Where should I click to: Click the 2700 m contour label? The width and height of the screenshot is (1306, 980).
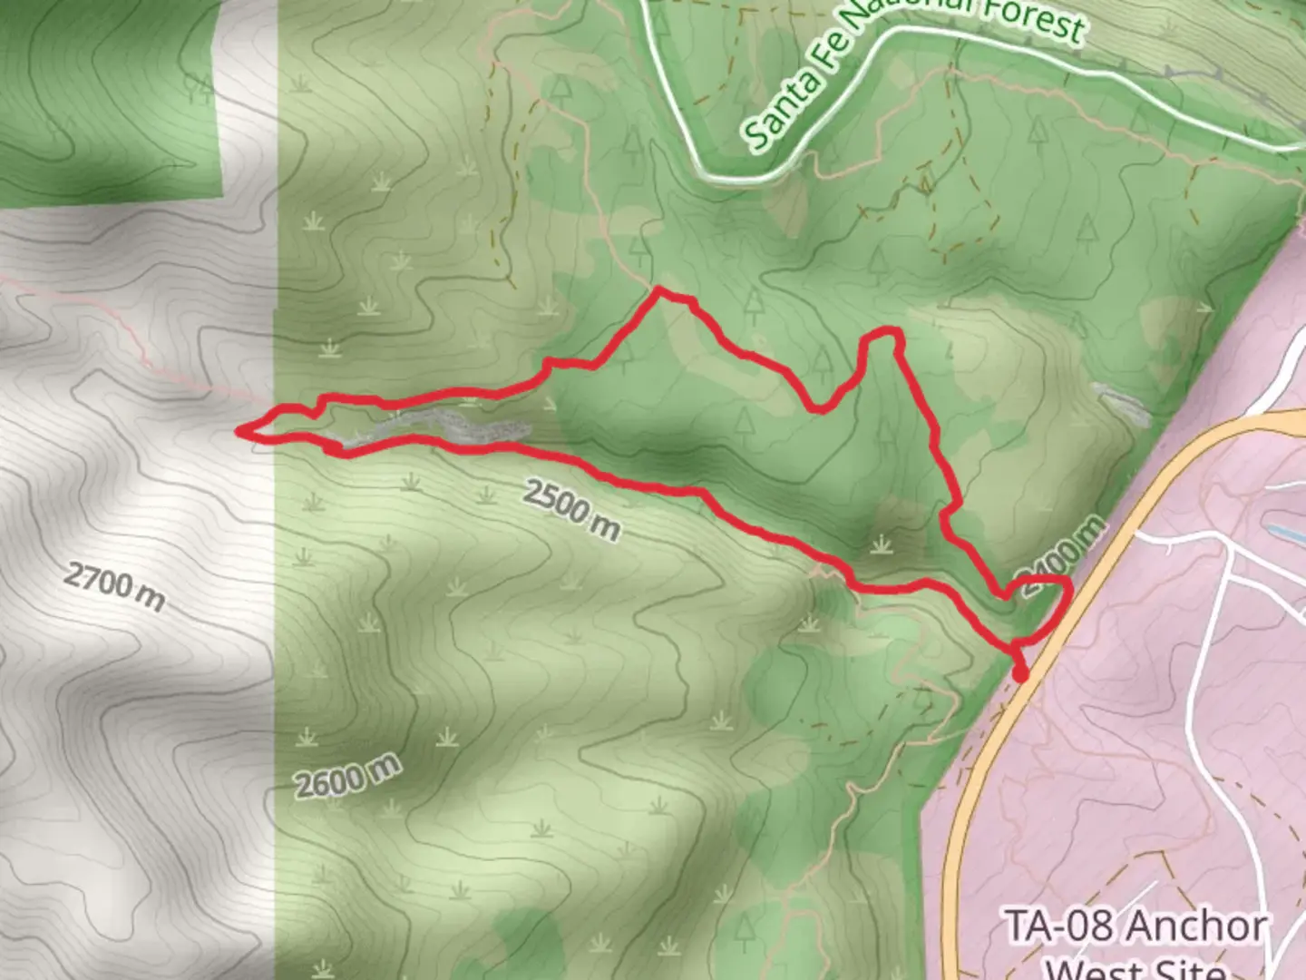(114, 586)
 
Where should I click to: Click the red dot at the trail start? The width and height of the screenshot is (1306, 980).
(1020, 673)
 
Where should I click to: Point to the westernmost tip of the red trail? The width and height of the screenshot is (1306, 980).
(239, 431)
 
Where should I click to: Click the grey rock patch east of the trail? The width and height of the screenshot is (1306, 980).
(1123, 405)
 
